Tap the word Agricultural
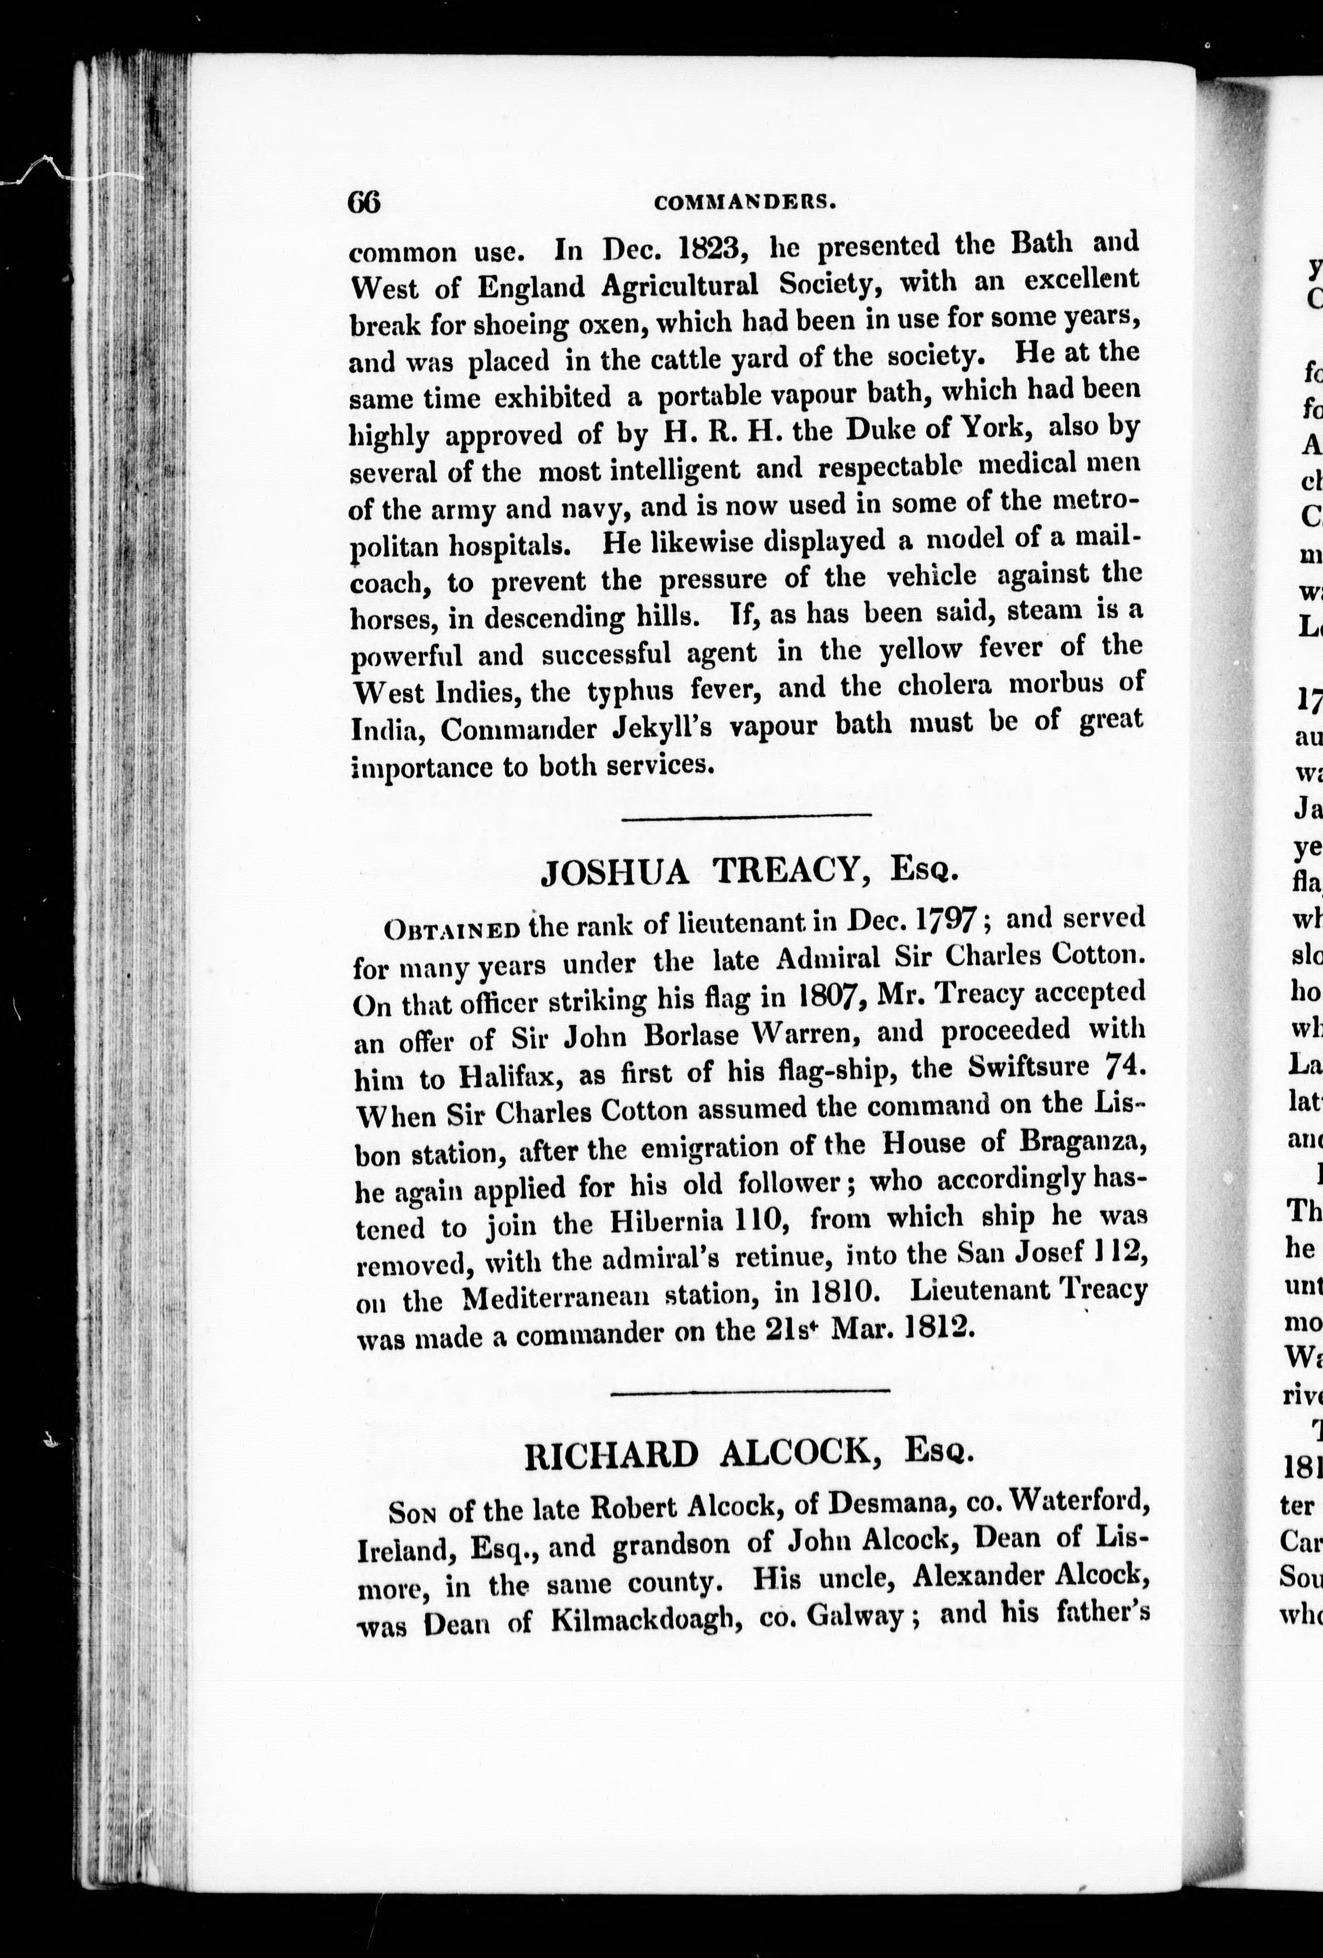click(679, 286)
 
